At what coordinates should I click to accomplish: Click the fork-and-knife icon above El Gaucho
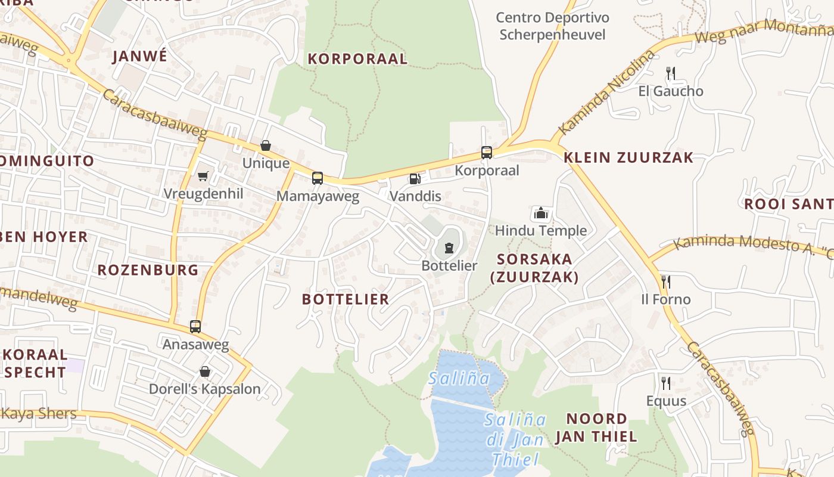[671, 73]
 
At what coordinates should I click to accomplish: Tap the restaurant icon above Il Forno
[665, 281]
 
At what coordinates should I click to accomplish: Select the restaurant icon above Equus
[665, 383]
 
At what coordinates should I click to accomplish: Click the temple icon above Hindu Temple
[540, 213]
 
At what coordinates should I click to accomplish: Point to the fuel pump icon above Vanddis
[415, 178]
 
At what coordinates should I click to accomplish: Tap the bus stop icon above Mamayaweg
[318, 178]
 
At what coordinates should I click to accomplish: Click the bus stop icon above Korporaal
[487, 152]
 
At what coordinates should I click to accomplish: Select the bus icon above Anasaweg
[195, 327]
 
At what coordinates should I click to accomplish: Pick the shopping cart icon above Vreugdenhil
[203, 176]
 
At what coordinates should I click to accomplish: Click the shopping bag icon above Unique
[266, 145]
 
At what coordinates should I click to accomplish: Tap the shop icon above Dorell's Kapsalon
[205, 371]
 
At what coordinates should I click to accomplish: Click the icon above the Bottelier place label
[449, 248]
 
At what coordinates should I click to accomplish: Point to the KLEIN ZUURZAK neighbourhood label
[628, 157]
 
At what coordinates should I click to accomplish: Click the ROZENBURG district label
[148, 270]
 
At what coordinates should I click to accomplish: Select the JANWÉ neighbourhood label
[140, 56]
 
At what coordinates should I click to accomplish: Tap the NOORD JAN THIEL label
[596, 428]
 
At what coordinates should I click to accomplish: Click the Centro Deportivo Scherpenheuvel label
[552, 26]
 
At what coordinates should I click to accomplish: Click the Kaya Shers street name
[39, 414]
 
